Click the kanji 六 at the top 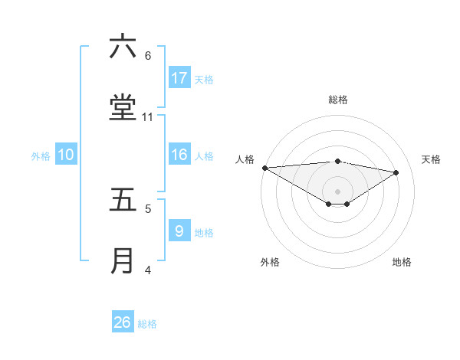tap(123, 47)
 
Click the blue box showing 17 tap(179, 78)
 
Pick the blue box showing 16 tap(179, 155)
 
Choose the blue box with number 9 tap(179, 231)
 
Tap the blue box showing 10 tap(66, 155)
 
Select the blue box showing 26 tap(123, 322)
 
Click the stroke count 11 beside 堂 tap(148, 117)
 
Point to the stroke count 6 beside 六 tap(148, 56)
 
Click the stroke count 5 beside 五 tap(148, 208)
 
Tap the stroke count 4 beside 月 tap(148, 270)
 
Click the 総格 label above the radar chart tap(338, 100)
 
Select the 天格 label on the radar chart tap(431, 159)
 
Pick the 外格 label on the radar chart tap(270, 262)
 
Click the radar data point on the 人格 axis tap(264, 168)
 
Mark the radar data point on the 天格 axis tap(396, 172)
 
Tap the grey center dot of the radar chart tap(338, 191)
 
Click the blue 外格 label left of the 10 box tap(41, 155)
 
